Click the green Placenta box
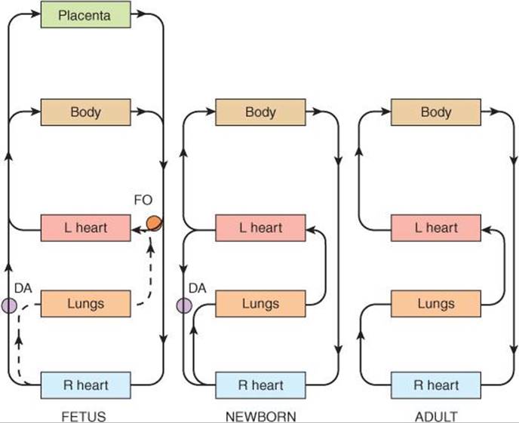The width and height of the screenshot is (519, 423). (85, 14)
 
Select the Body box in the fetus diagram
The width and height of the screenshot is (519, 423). (85, 112)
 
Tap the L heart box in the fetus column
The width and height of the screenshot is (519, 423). (85, 228)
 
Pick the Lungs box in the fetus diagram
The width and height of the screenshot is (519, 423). (85, 304)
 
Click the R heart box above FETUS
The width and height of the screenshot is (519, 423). (85, 385)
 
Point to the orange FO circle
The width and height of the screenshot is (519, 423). (154, 222)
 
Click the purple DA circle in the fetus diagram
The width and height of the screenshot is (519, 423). (8, 305)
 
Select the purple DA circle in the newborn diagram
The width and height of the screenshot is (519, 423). (183, 305)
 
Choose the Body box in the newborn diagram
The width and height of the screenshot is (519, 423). (260, 112)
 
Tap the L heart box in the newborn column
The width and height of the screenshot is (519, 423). (260, 228)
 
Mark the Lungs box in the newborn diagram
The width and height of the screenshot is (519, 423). (260, 304)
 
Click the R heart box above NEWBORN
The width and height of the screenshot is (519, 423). (260, 385)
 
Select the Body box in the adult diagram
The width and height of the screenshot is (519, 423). (435, 112)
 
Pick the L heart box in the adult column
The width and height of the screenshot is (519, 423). (435, 228)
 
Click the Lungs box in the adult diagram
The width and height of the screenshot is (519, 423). (435, 304)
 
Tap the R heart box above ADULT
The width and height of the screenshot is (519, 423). (435, 385)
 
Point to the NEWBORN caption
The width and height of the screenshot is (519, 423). (260, 415)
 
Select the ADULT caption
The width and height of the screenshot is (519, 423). (435, 415)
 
